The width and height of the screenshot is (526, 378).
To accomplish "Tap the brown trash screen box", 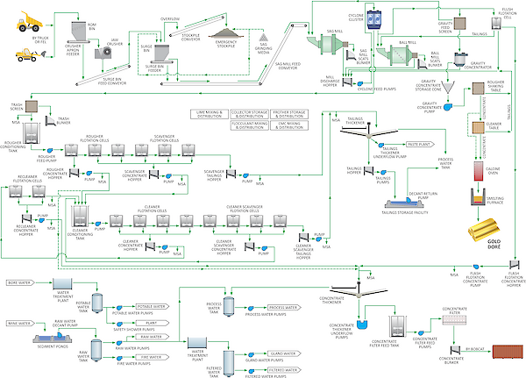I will tap(31, 106).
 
